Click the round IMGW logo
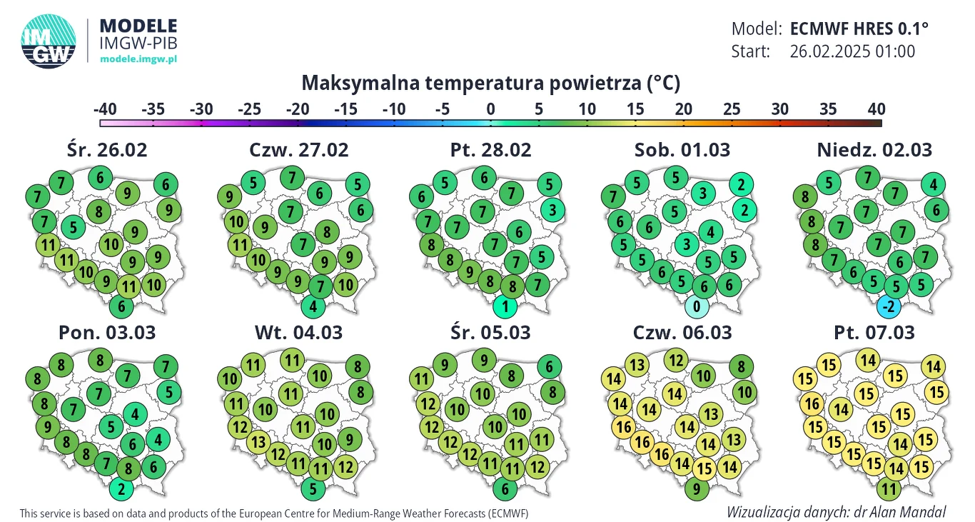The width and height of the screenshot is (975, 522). (49, 41)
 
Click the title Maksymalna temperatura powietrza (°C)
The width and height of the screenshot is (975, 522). (491, 84)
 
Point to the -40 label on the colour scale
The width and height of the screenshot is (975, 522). (105, 109)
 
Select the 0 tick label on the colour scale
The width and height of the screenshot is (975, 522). (490, 109)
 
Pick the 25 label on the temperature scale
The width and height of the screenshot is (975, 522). (732, 109)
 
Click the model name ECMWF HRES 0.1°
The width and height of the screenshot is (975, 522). (859, 29)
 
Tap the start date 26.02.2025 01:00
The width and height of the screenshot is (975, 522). (852, 51)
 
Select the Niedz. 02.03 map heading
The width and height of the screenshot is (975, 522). (875, 151)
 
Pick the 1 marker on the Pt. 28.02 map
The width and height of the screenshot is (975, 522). (505, 308)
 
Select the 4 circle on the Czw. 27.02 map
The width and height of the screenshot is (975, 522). (313, 308)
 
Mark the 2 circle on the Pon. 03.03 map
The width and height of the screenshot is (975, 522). (121, 490)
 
